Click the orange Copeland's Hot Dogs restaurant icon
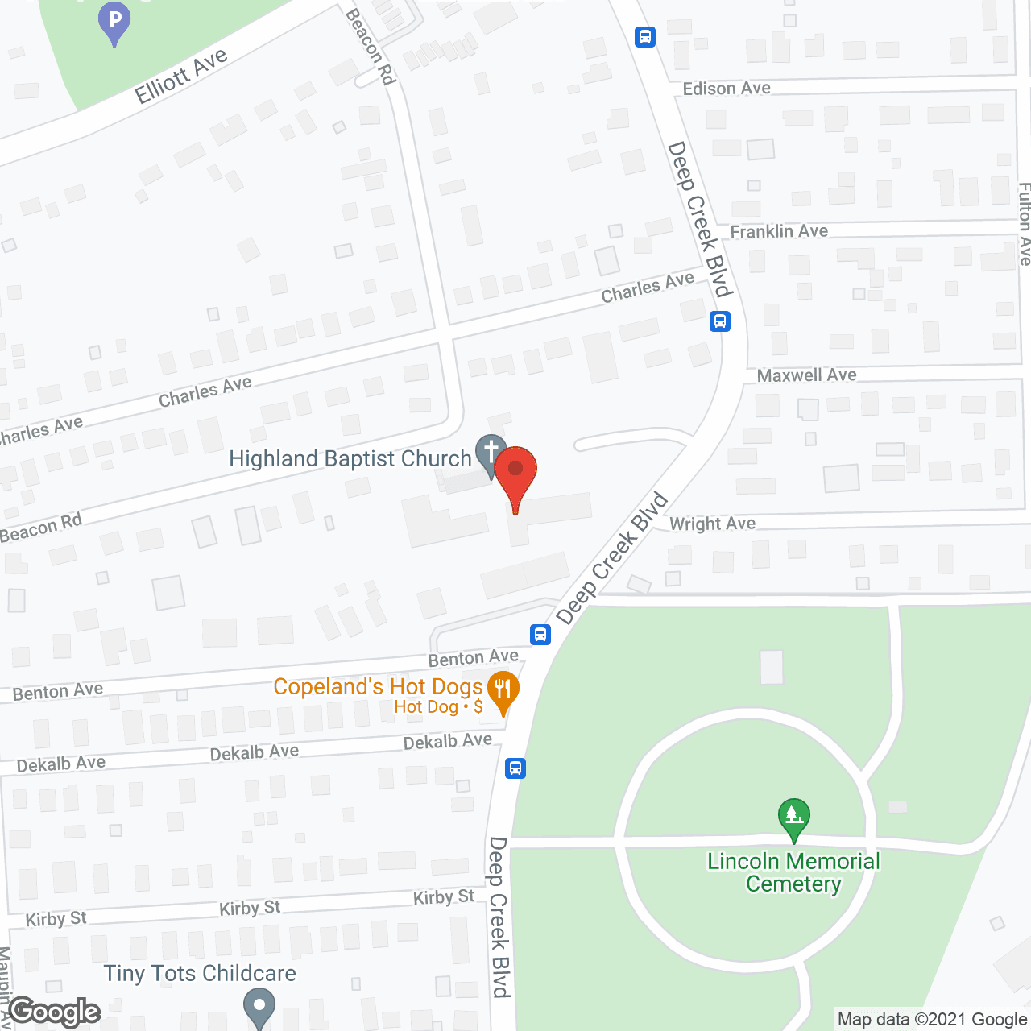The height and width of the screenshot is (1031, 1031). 503,689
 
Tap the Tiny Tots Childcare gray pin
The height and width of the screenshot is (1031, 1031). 259,1007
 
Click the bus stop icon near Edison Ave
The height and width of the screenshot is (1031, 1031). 645,37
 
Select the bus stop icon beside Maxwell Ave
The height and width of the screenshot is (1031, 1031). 720,321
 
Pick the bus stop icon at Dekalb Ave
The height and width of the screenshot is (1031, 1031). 515,768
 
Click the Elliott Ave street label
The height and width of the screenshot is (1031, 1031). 181,77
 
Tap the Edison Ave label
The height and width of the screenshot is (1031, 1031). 727,89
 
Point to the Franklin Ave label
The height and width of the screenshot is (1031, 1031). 779,232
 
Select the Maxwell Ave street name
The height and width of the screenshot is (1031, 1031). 806,375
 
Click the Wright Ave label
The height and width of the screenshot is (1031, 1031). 712,524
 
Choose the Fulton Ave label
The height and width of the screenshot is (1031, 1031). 1024,224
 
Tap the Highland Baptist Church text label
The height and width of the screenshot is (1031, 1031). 350,459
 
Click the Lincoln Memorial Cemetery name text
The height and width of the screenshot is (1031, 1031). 793,872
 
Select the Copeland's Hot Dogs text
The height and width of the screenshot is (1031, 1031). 378,686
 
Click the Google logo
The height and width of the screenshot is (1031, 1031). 55,1012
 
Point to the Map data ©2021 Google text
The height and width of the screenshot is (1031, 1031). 932,1020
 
